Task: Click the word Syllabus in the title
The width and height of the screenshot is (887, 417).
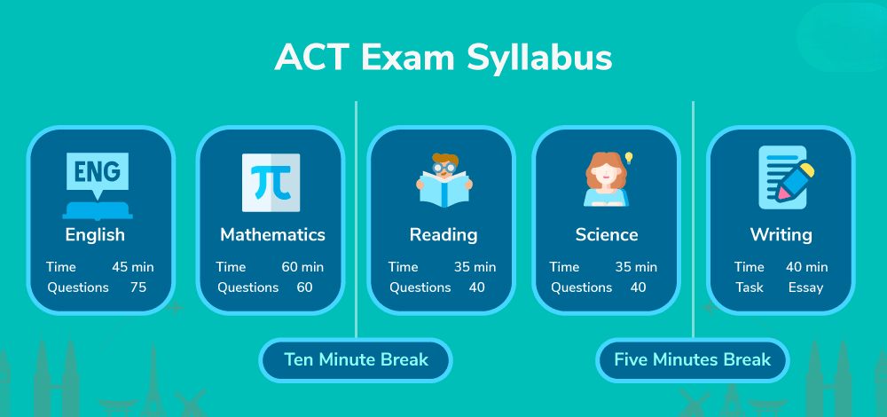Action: pos(539,58)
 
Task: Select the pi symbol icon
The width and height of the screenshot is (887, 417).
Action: pos(271,183)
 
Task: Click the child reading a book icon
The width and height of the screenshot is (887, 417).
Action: pos(444,180)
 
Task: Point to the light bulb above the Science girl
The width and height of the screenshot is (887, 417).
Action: pos(628,158)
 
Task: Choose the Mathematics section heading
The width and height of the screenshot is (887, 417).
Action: pos(272,235)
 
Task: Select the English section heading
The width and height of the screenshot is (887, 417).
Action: pos(95,235)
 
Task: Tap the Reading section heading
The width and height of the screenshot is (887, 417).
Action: pos(443,235)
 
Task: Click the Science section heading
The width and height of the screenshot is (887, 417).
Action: pos(607,235)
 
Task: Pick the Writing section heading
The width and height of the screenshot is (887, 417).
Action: pos(781,235)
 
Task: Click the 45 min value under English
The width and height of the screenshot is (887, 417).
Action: pos(133,267)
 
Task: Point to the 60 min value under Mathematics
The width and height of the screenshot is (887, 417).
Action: pos(302,267)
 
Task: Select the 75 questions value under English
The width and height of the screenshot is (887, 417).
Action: pos(138,287)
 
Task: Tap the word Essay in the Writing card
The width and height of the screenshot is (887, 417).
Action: pos(806,288)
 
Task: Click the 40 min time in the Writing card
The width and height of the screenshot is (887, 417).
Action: pos(806,267)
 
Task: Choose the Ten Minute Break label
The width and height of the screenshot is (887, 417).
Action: pos(356,359)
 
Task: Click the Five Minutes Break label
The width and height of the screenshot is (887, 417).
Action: pos(693,359)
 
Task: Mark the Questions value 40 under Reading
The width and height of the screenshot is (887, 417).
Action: pos(477,287)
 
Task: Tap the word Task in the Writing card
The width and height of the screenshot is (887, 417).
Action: pos(750,287)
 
